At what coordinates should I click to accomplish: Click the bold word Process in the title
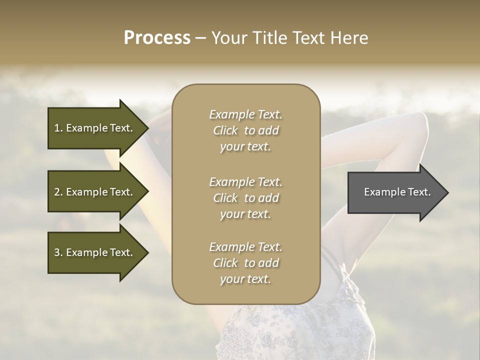157,38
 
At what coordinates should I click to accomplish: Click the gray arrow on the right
395,192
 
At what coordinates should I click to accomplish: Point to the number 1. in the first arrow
58,128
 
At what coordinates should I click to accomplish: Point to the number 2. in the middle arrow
58,192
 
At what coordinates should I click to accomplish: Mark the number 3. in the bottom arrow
58,252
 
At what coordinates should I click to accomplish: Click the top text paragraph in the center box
245,130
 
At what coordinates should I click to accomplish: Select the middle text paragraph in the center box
245,198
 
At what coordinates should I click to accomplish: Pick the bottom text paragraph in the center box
245,263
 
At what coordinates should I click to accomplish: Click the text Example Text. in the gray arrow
397,192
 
